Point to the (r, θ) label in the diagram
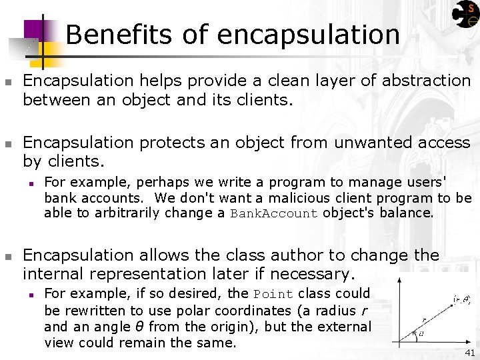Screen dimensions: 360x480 pos(461,300)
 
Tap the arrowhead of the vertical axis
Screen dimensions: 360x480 pos(399,281)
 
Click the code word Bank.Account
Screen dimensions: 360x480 pos(274,214)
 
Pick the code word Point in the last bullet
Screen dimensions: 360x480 pos(273,295)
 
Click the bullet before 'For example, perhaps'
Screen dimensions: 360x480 pos(29,183)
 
